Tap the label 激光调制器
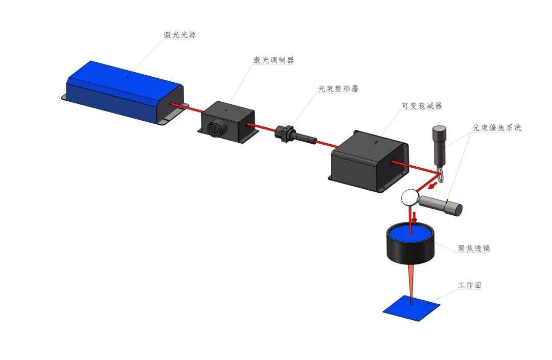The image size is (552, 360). tap(273, 60)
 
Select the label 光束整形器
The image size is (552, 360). tap(338, 88)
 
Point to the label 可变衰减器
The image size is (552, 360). tap(422, 106)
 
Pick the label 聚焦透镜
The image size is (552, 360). tap(474, 248)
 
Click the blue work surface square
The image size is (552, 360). tap(411, 307)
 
